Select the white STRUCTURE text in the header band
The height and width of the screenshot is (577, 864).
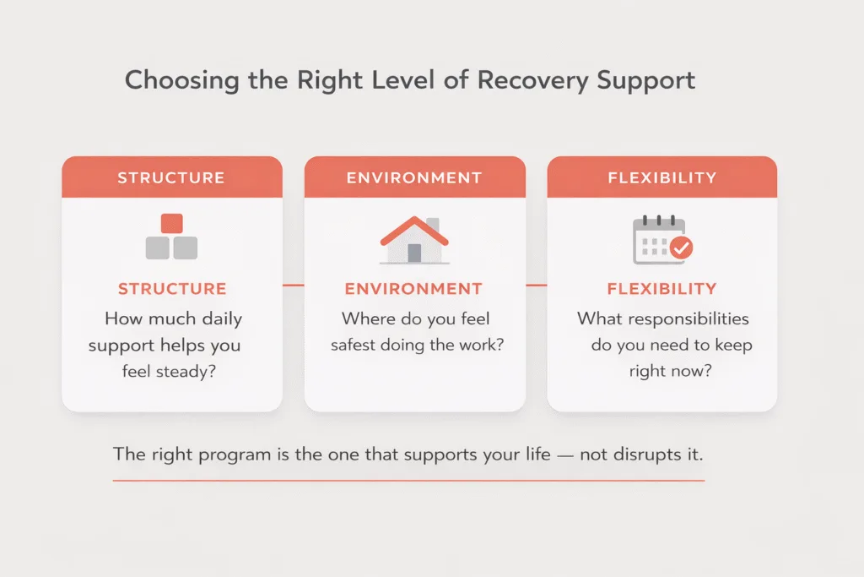click(171, 177)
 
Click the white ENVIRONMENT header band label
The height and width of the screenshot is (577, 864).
click(414, 177)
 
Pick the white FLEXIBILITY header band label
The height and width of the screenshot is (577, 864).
click(661, 177)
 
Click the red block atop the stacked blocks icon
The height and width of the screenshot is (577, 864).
click(171, 223)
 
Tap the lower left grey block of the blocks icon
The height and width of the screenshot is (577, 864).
click(158, 248)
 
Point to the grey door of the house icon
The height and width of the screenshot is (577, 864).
click(414, 253)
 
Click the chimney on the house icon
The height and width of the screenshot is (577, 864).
click(433, 225)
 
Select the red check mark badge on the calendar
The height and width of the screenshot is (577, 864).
click(681, 248)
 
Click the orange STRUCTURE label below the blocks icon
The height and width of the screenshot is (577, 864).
click(171, 289)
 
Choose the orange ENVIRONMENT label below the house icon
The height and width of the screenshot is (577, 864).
click(414, 289)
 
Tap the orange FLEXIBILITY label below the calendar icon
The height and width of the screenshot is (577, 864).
click(661, 289)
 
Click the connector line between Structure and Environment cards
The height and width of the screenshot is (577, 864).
click(293, 286)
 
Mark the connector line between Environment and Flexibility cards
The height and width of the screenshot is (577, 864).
click(536, 286)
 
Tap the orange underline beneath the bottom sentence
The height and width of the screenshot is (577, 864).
click(408, 480)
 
